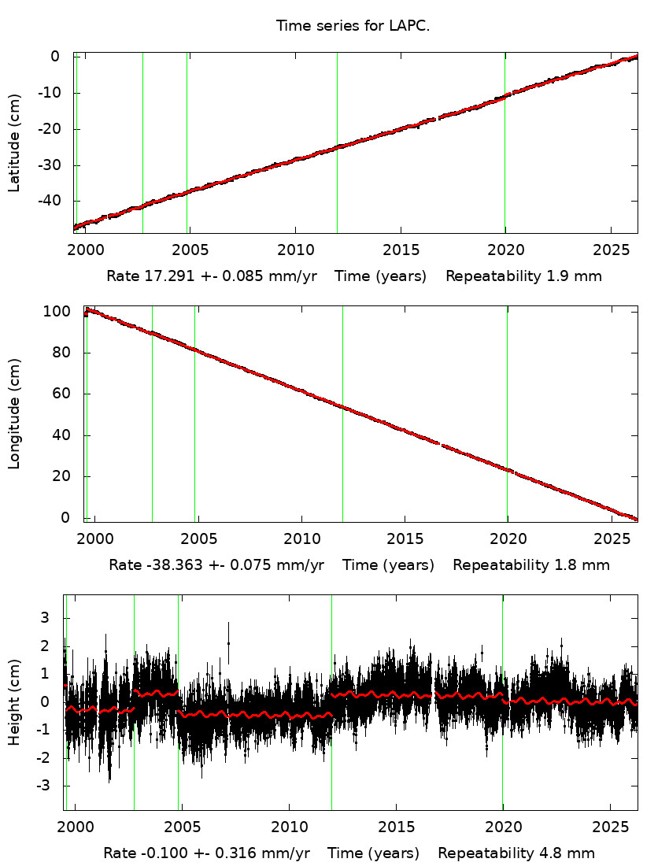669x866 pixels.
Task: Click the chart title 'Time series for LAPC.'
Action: pos(353,26)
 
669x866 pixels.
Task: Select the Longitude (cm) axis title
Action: pos(14,414)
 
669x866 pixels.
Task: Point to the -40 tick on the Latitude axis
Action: pos(50,202)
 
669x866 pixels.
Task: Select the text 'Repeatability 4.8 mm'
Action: pos(516,853)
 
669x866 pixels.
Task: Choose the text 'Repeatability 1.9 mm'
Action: pos(524,276)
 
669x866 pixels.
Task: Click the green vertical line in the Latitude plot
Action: pos(337,142)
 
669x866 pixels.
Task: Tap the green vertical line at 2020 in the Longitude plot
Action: pos(507,414)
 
